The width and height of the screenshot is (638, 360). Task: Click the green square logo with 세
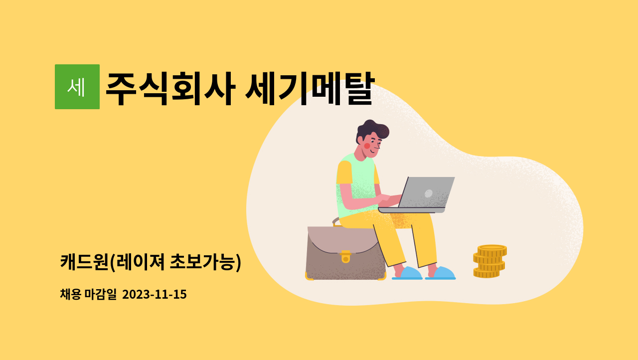pos(77,87)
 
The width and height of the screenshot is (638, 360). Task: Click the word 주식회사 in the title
pos(170,88)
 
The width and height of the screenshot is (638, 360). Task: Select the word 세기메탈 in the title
pos(310,88)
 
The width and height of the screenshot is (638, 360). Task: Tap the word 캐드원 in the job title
pos(84,262)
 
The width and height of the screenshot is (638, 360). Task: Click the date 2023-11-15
pos(155,294)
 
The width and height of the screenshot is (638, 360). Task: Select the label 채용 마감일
pos(88,294)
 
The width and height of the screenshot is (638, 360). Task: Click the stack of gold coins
pos(489,261)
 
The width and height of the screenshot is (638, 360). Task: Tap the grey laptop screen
pos(426,192)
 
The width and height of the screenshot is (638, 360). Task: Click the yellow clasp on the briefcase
pos(345,256)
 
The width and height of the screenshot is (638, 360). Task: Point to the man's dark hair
pos(372,130)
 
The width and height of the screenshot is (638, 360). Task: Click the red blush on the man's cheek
pos(367,146)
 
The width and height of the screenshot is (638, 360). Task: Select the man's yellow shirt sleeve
pos(344,173)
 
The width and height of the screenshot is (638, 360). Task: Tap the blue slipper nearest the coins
pos(441,273)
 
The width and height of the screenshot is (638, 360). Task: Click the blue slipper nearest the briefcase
pos(408,273)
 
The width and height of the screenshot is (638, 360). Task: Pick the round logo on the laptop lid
pos(428,193)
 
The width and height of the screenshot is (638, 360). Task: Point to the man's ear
pos(360,140)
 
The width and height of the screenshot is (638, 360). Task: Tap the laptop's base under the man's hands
pos(412,210)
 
